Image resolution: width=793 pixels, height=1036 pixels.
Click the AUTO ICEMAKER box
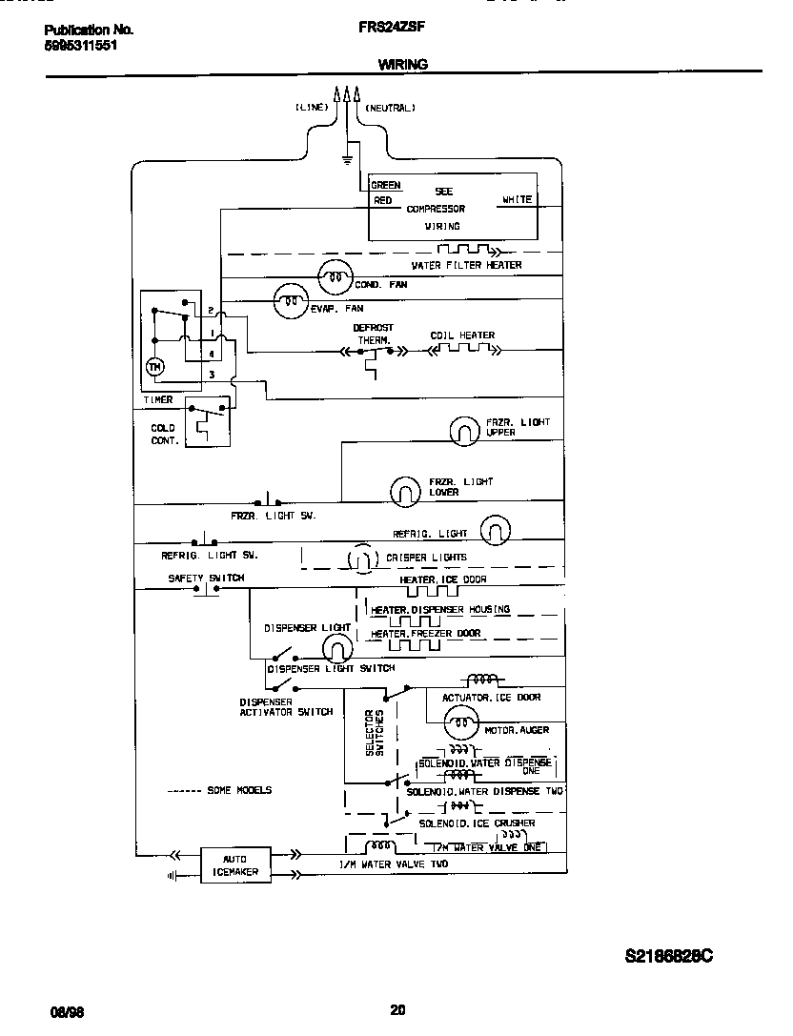point(235,864)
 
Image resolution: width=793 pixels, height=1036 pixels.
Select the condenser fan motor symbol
point(334,276)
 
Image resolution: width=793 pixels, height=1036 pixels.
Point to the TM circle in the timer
point(154,367)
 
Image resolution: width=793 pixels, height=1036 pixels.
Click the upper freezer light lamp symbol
point(464,430)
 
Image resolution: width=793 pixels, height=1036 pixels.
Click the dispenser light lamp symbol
point(335,649)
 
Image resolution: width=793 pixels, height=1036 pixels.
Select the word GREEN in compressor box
point(386,185)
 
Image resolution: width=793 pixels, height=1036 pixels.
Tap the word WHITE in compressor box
point(517,200)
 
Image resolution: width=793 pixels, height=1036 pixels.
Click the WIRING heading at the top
point(402,65)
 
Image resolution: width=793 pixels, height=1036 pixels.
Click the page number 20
point(397,1010)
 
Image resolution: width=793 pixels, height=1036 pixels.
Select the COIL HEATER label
point(462,335)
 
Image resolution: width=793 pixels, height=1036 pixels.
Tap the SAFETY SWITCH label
point(206,579)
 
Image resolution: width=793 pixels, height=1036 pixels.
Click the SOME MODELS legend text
point(239,790)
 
